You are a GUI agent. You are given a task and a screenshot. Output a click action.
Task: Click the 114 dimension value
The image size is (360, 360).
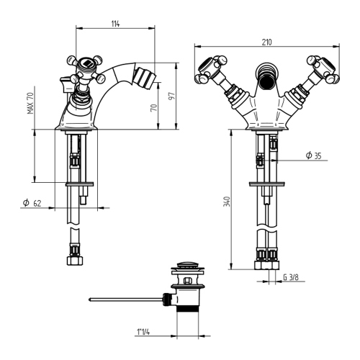tap(115, 24)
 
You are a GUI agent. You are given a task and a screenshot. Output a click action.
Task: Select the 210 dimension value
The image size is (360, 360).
tap(268, 41)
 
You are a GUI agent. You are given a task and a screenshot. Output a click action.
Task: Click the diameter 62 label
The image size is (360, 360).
tap(32, 204)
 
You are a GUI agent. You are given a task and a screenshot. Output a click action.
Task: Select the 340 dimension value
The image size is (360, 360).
tap(227, 202)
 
